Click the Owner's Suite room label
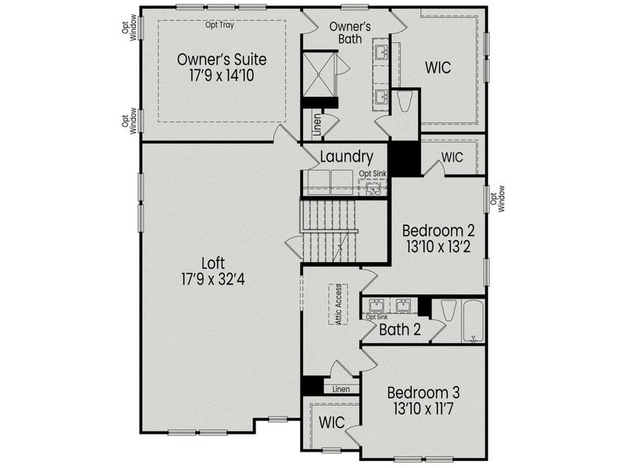click(x=222, y=59)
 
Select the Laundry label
click(x=346, y=158)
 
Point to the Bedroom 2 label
click(x=438, y=232)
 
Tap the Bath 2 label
click(x=400, y=330)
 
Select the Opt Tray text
click(x=220, y=25)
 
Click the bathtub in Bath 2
click(x=473, y=321)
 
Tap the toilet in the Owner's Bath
click(x=405, y=104)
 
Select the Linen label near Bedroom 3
click(x=341, y=388)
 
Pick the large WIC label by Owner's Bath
click(x=438, y=68)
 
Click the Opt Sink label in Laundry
click(x=373, y=173)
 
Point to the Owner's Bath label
click(x=349, y=34)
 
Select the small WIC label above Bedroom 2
click(x=452, y=157)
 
